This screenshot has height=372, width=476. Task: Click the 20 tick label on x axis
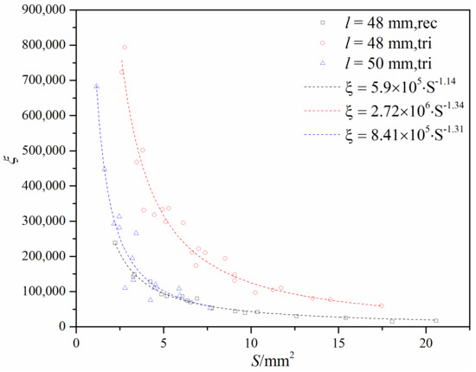pyautogui.click(x=424, y=339)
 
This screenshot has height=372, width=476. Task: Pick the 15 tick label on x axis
pyautogui.click(x=338, y=339)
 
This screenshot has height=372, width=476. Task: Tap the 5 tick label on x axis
pyautogui.click(x=164, y=339)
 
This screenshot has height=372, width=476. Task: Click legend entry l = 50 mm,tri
pyautogui.click(x=387, y=64)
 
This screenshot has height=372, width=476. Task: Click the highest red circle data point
pyautogui.click(x=125, y=48)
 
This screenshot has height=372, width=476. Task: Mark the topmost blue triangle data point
pyautogui.click(x=96, y=86)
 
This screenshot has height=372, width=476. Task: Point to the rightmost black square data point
pyautogui.click(x=435, y=320)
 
